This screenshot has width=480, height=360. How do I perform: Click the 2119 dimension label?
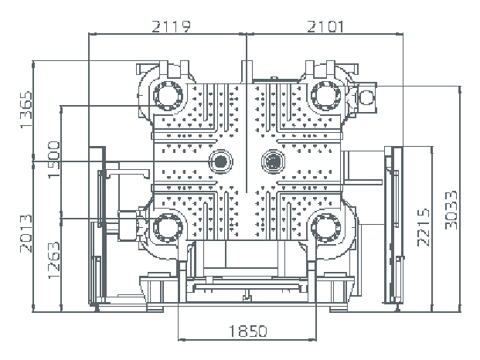(x=170, y=26)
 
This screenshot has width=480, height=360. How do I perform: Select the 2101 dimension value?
(x=325, y=26)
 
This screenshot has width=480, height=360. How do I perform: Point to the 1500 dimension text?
(x=53, y=160)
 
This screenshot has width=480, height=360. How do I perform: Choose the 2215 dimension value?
(x=422, y=226)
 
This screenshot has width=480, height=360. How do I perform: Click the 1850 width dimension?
(x=247, y=331)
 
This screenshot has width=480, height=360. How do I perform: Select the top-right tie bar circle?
(x=325, y=96)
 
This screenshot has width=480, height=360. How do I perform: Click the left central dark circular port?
(x=222, y=161)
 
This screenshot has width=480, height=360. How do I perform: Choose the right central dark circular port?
(x=272, y=161)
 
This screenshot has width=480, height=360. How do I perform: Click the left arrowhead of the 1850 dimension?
(x=179, y=338)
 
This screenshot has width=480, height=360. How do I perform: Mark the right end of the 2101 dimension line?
(x=403, y=35)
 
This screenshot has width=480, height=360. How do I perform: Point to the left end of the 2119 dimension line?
(x=90, y=35)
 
